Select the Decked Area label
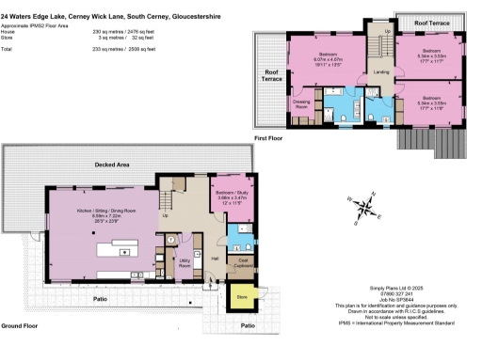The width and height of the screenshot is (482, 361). pyautogui.click(x=113, y=165)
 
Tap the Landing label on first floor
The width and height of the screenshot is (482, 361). pyautogui.click(x=380, y=71)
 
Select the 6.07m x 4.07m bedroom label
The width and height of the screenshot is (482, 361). pyautogui.click(x=328, y=58)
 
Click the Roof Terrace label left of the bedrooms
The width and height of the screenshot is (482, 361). pyautogui.click(x=272, y=74)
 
